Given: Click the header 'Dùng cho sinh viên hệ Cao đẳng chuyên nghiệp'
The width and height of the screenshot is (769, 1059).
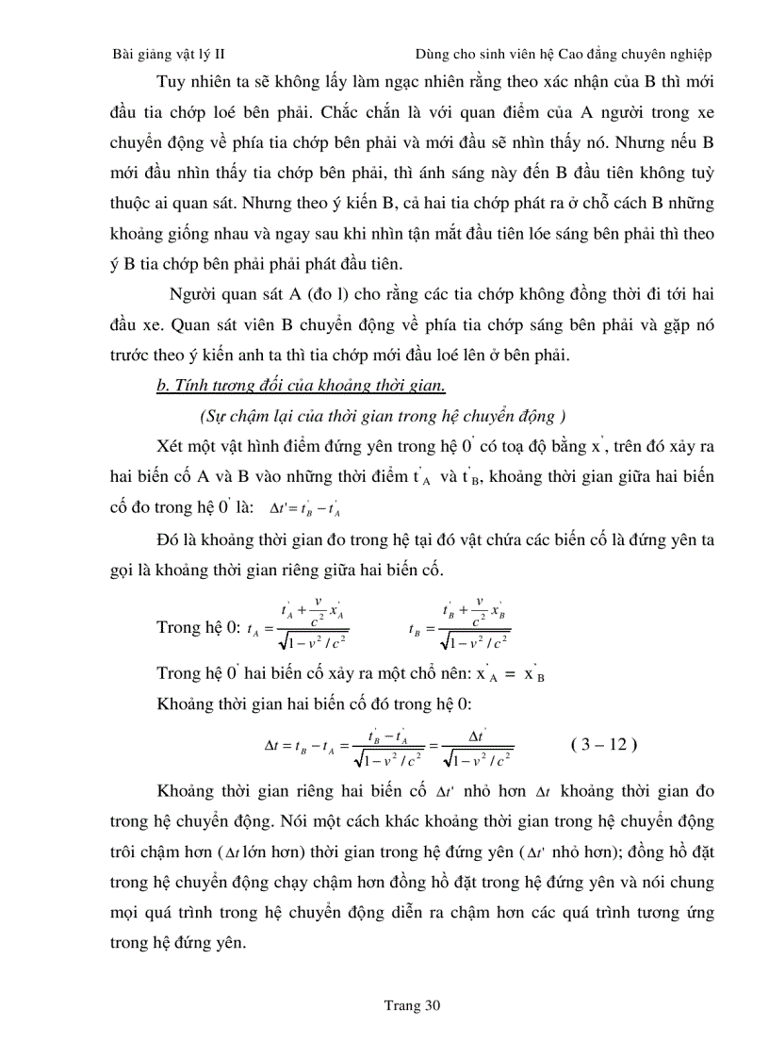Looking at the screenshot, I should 564,55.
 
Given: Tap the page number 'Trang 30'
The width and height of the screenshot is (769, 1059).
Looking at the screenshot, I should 412,1005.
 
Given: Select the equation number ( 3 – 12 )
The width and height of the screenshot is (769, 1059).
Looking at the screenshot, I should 604,744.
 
